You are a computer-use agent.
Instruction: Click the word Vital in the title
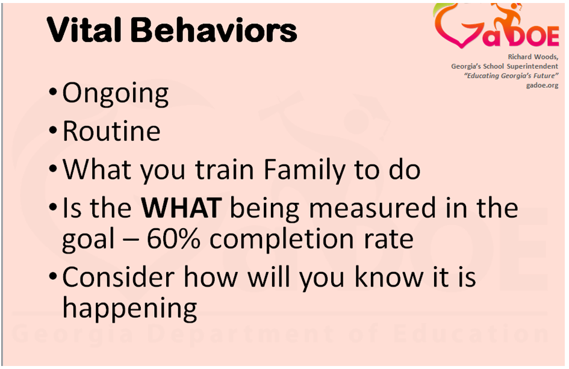(x=84, y=29)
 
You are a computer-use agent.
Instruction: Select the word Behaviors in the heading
(x=214, y=29)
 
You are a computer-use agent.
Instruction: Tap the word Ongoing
(x=116, y=95)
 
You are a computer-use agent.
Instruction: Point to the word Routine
(x=111, y=131)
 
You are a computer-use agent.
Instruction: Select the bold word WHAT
(x=181, y=208)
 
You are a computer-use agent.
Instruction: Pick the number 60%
(x=173, y=239)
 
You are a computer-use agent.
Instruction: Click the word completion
(x=282, y=240)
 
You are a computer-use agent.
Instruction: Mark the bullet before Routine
(x=53, y=130)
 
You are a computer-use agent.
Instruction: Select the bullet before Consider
(x=53, y=277)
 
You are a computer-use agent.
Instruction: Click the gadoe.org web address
(x=542, y=85)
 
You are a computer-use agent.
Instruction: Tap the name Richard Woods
(x=533, y=57)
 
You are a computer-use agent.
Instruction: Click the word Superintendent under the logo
(x=532, y=66)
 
